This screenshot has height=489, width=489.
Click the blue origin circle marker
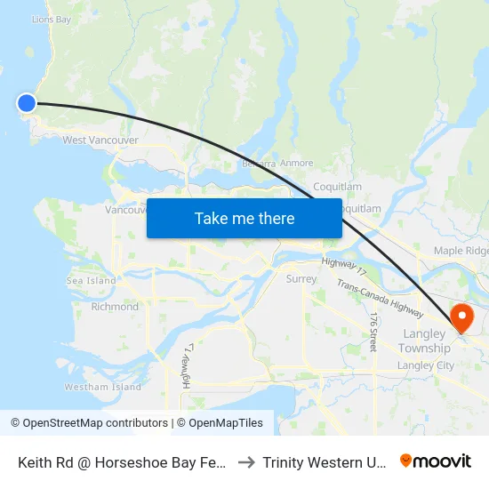pyautogui.click(x=27, y=103)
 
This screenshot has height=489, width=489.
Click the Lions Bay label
pyautogui.click(x=51, y=19)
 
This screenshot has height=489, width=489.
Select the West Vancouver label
pyautogui.click(x=100, y=140)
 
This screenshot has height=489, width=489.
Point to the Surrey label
pyautogui.click(x=301, y=278)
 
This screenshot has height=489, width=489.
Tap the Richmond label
pyautogui.click(x=115, y=307)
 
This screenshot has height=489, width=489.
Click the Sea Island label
pyautogui.click(x=91, y=281)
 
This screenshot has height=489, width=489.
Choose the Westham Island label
pyautogui.click(x=103, y=387)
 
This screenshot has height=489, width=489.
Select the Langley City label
pyautogui.click(x=426, y=365)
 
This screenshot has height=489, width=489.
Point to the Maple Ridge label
pyautogui.click(x=461, y=252)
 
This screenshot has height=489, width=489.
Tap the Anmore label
pyautogui.click(x=296, y=164)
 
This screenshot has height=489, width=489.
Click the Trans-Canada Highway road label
pyautogui.click(x=380, y=298)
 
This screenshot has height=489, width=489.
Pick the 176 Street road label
pyautogui.click(x=374, y=331)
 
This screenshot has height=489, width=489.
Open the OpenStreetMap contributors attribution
pyautogui.click(x=89, y=423)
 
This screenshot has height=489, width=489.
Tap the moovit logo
pyautogui.click(x=436, y=461)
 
